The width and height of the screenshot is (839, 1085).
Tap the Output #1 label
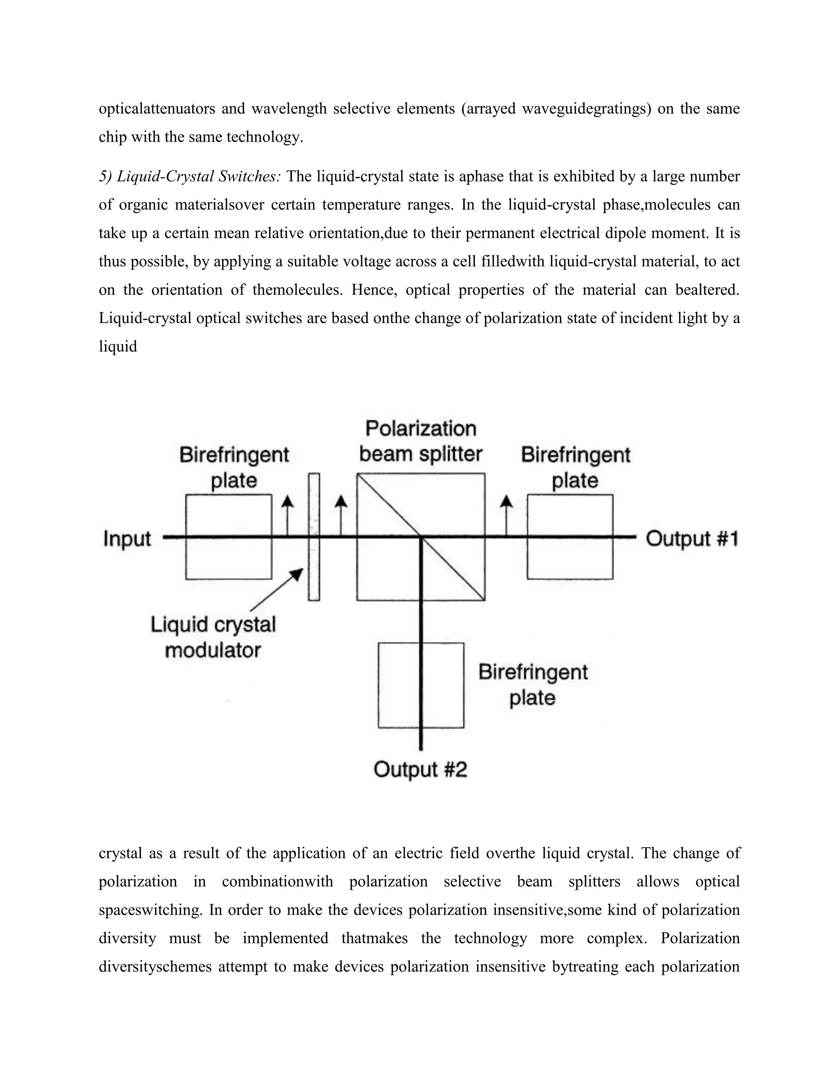(x=692, y=538)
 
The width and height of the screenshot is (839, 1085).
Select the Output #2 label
(x=420, y=770)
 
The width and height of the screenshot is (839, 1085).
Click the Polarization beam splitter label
(x=420, y=441)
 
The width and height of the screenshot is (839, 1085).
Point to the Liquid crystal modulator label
(x=213, y=637)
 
